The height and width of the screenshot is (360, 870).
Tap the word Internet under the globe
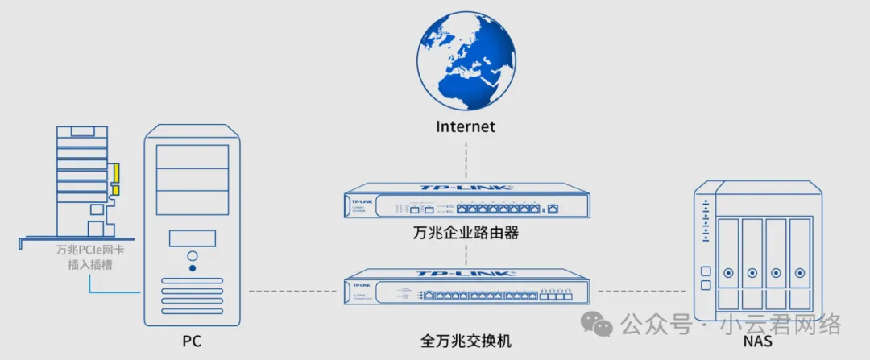pos(466,126)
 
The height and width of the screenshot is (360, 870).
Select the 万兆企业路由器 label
pos(466,234)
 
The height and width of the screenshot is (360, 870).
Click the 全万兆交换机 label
pos(466,340)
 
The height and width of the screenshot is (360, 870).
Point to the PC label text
pos(191,342)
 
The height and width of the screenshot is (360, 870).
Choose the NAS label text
pos(758,342)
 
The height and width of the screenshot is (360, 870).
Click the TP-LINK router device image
pos(466,201)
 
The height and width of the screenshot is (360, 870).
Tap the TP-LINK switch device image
pos(466,288)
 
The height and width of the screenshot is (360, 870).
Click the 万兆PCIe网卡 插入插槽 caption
pos(90,257)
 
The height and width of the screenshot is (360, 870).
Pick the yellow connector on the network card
pos(116,177)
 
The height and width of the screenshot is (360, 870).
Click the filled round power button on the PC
pos(192,267)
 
